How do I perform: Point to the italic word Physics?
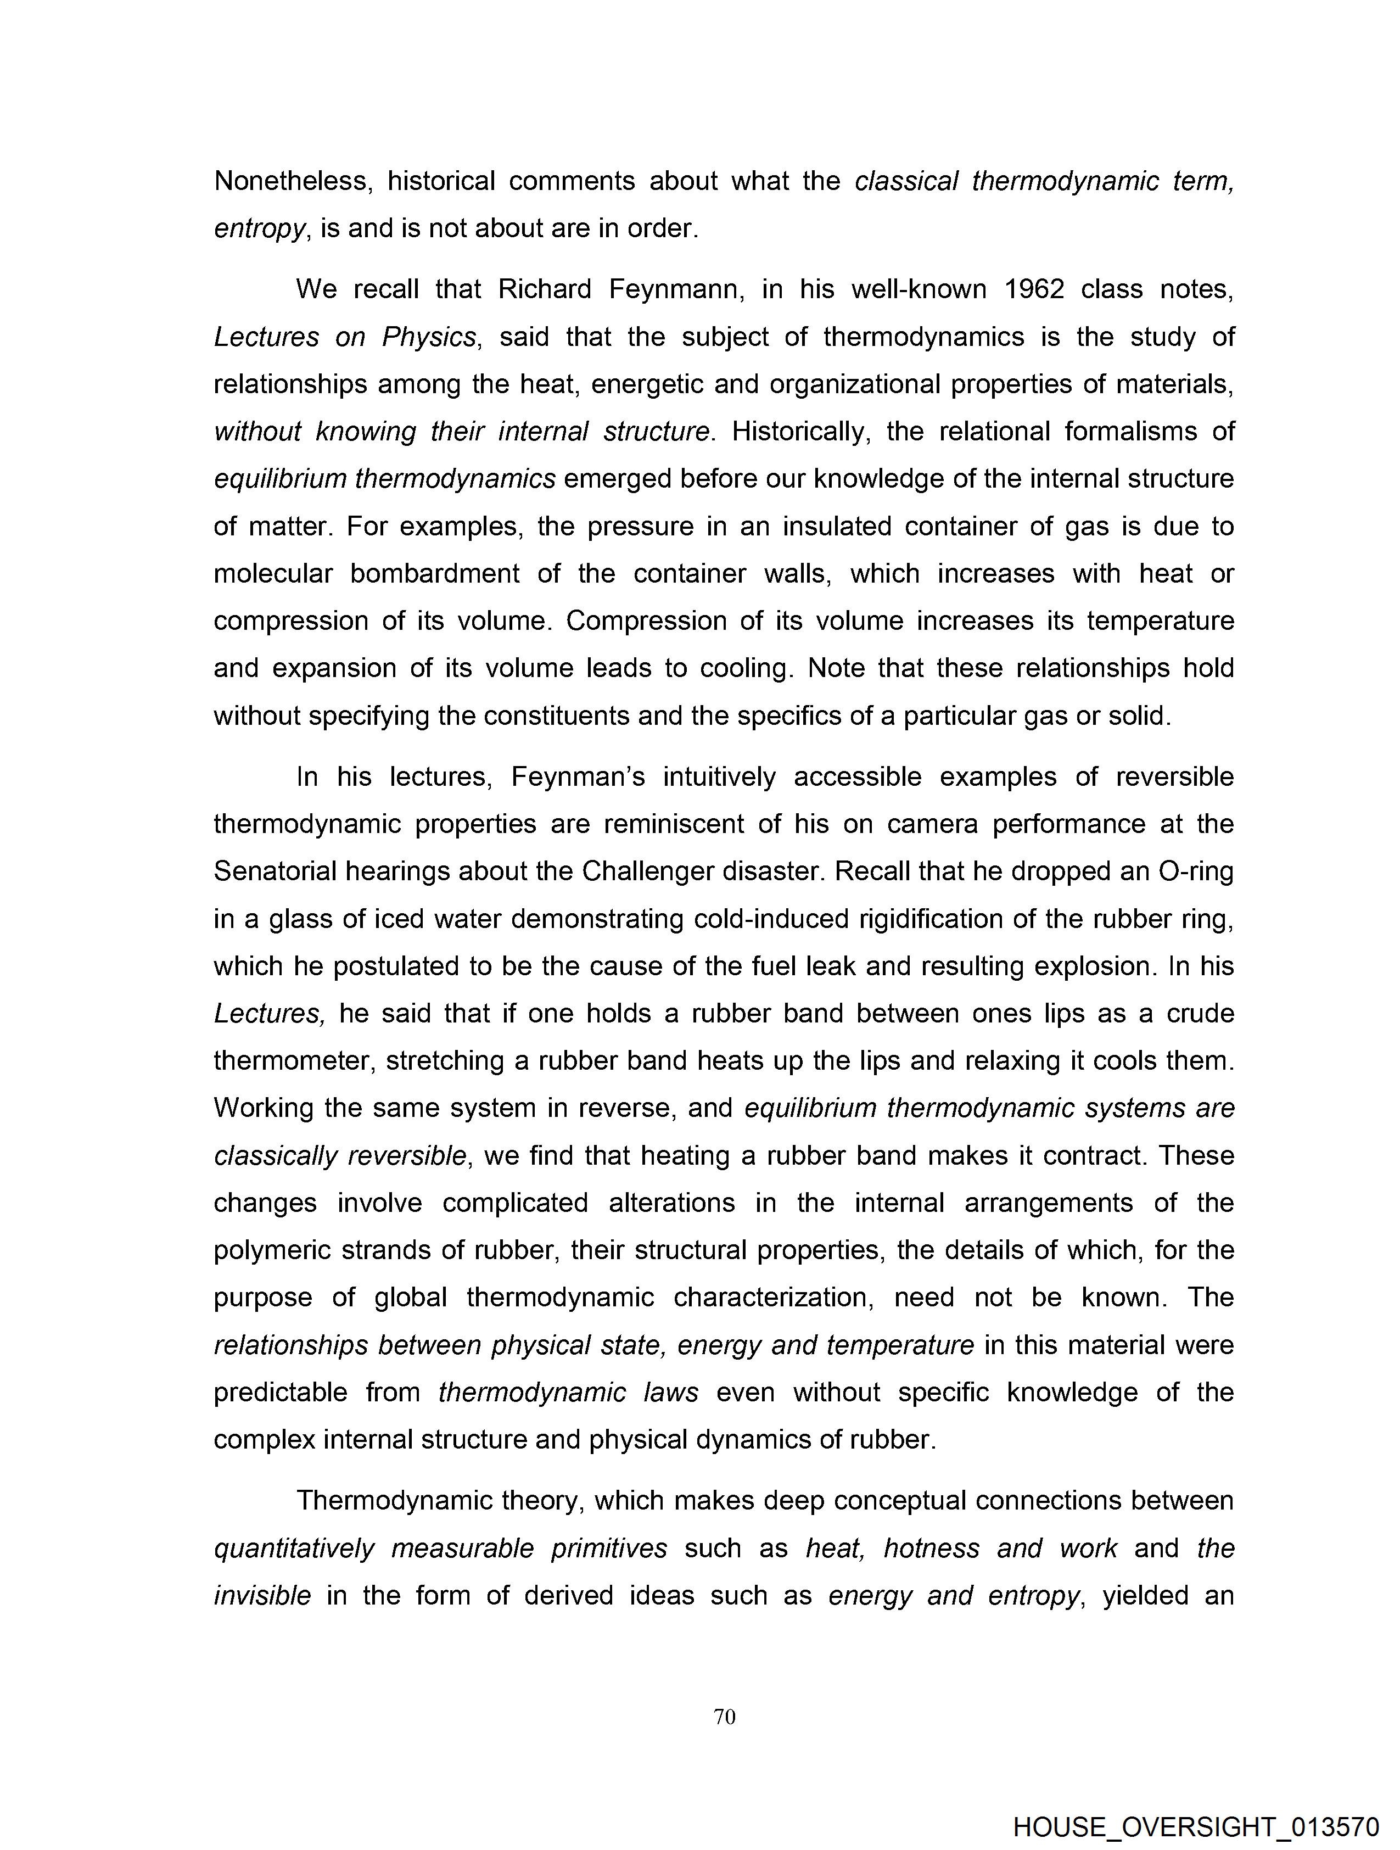click(429, 337)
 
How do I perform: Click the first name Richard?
click(545, 289)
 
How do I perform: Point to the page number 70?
click(724, 1717)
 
